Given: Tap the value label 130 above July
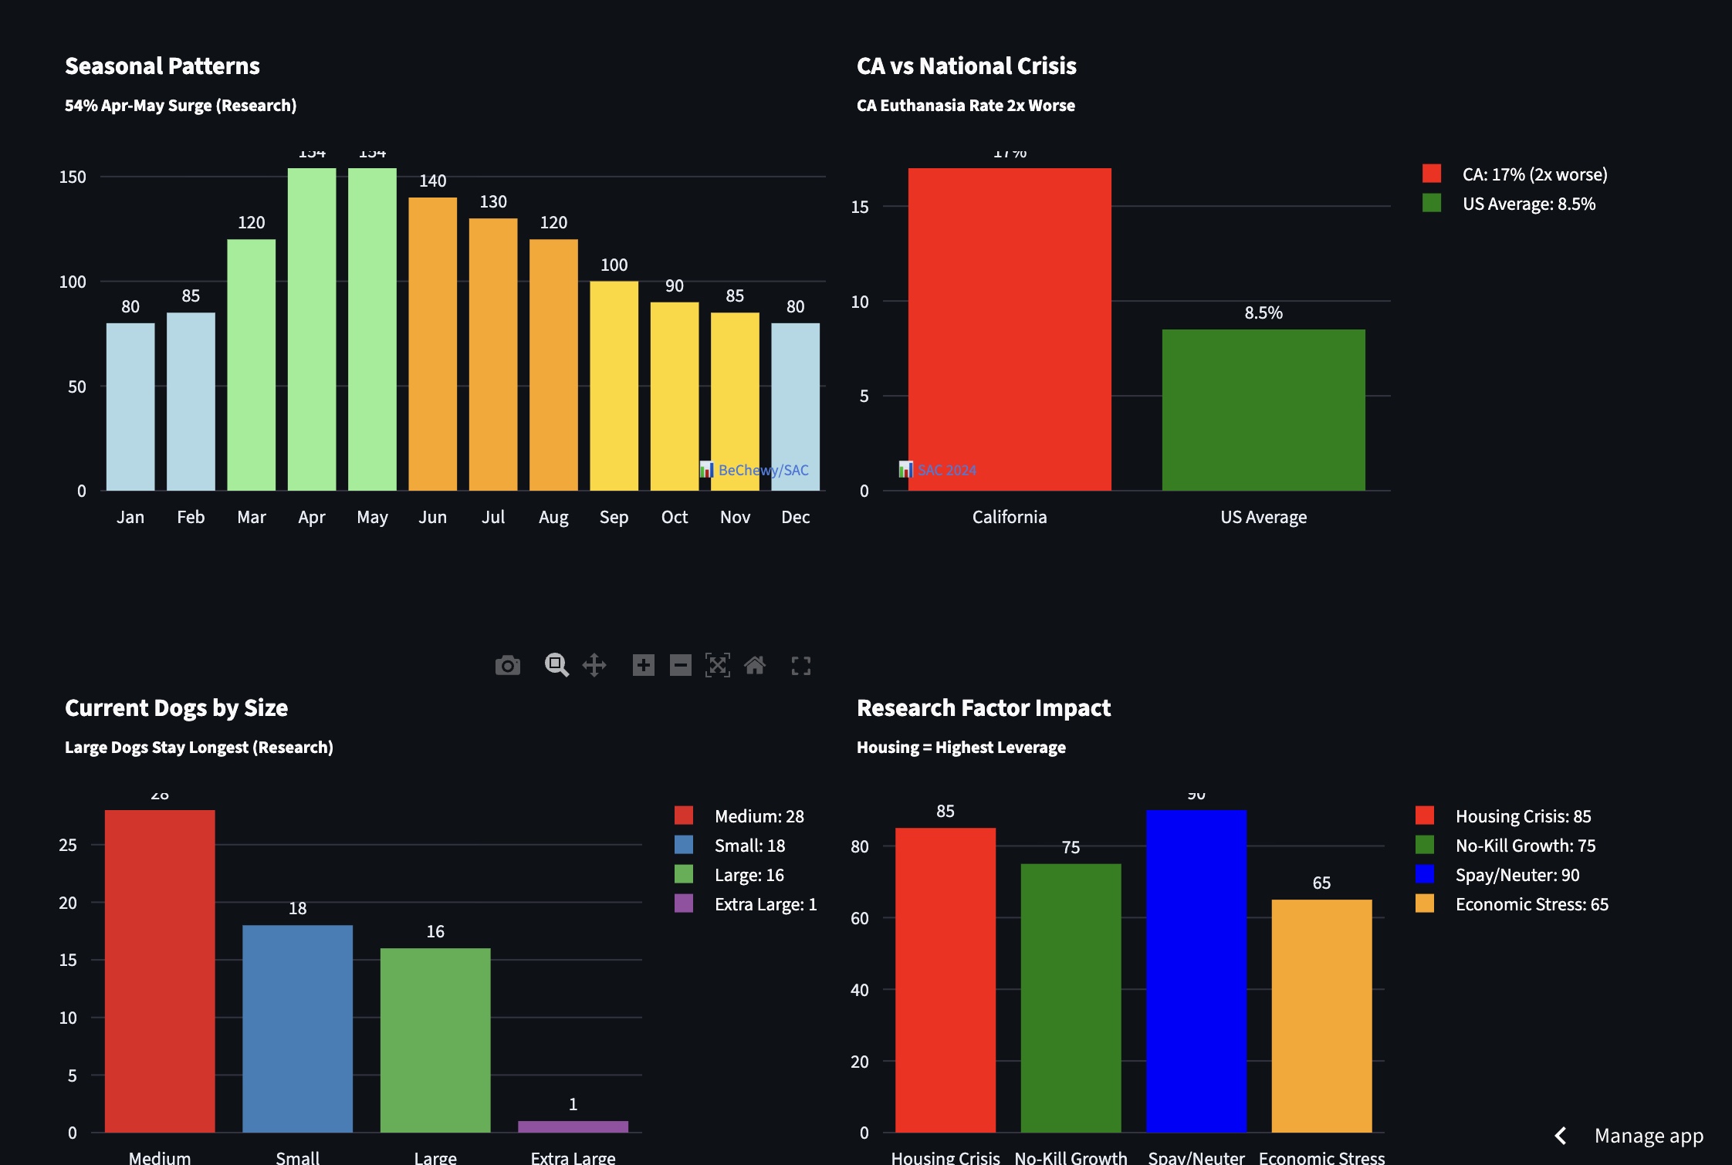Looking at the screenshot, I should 493,202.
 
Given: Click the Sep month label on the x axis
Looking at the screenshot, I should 614,517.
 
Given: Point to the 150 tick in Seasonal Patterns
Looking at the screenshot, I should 73,177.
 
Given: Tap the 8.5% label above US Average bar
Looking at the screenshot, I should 1263,312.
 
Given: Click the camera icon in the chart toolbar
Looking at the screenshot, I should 507,665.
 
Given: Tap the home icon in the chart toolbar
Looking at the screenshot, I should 755,665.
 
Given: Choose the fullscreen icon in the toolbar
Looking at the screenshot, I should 800,666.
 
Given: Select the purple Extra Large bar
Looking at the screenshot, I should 573,1126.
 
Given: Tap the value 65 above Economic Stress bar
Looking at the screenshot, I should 1321,883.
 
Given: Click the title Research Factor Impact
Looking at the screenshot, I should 983,707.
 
